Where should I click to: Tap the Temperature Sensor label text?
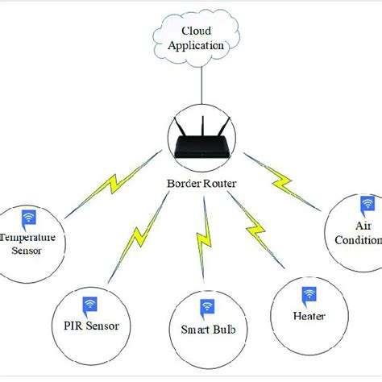point(29,244)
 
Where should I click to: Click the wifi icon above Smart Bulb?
point(207,307)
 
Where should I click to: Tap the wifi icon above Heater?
point(307,295)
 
